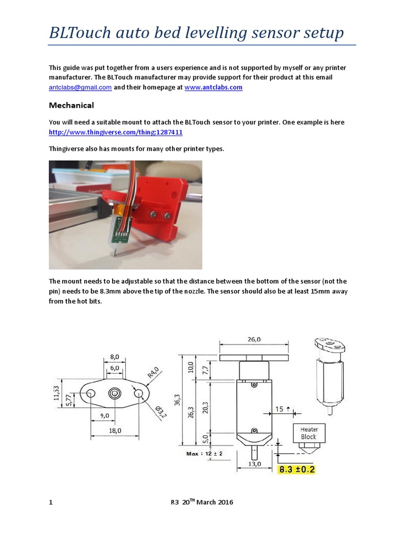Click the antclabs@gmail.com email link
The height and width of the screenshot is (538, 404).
coord(80,88)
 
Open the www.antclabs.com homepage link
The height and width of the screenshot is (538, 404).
coord(213,88)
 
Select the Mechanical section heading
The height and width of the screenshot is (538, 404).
coord(72,105)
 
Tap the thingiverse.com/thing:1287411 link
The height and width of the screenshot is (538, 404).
coord(116,132)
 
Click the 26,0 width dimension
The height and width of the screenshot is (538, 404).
coord(254,339)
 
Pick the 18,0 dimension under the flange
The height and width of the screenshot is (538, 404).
coord(115,430)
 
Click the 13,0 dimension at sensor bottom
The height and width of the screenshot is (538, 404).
coord(254,465)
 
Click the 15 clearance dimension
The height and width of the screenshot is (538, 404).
coord(278,409)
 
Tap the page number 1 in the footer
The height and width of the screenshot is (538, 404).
coord(50,502)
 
